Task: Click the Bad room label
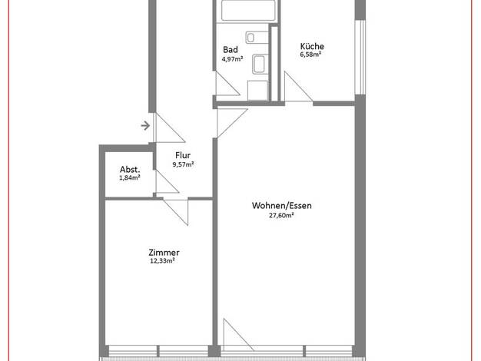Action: click(x=231, y=49)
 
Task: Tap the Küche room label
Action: click(x=312, y=46)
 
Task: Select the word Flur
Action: click(x=183, y=155)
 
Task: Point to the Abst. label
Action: click(x=130, y=169)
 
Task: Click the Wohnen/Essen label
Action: click(x=281, y=206)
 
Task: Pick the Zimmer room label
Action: click(x=164, y=253)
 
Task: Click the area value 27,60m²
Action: click(x=281, y=215)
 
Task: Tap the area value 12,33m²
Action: click(x=162, y=260)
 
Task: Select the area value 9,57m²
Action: click(x=183, y=164)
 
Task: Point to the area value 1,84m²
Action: click(x=130, y=177)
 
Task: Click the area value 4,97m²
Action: click(x=233, y=59)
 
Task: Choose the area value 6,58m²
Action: click(x=310, y=55)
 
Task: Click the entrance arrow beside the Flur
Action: click(x=145, y=125)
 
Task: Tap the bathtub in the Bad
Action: click(x=248, y=11)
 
